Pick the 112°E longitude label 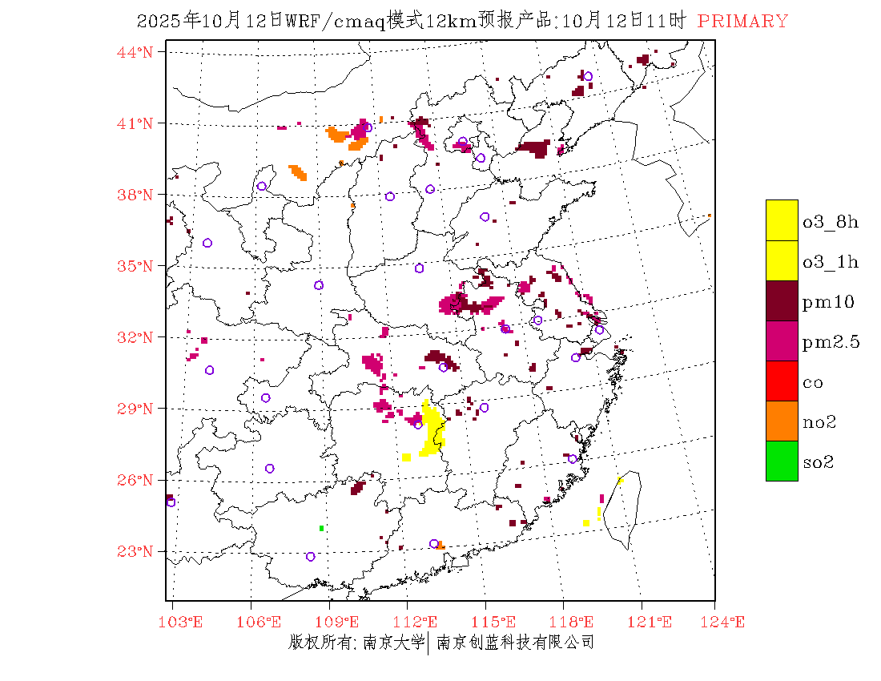point(420,623)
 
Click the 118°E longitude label point(576,623)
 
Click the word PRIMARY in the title point(742,22)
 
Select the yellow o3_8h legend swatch point(782,220)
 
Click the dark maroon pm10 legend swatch point(782,300)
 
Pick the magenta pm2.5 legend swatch point(782,340)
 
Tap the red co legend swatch point(782,381)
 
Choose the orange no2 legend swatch point(782,421)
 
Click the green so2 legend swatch point(782,461)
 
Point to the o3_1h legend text point(831,262)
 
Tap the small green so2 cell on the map point(321,528)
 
